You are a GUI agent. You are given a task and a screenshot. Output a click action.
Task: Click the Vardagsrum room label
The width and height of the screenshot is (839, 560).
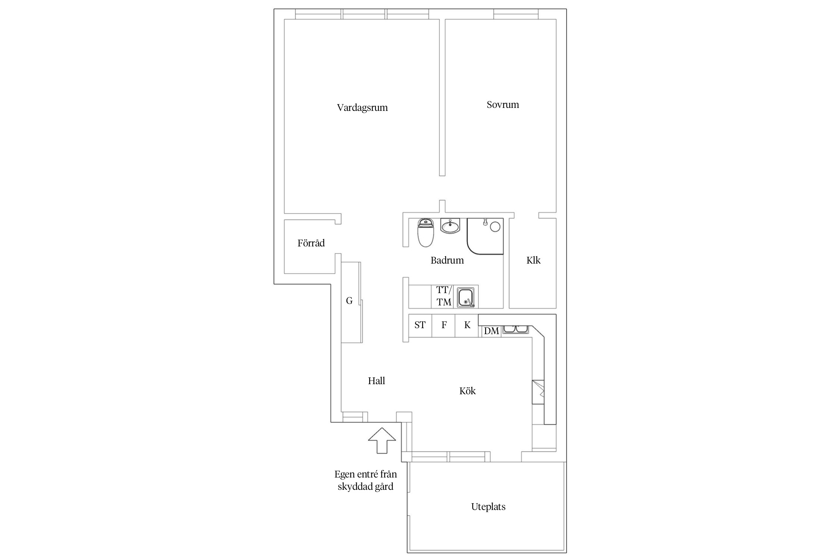[x=362, y=108]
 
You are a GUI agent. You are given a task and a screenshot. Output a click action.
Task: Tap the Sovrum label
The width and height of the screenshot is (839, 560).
[x=503, y=105]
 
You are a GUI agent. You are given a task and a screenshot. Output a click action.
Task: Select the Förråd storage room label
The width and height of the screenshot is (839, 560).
[x=311, y=243]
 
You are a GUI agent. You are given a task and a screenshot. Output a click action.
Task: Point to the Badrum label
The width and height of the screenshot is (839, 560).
[x=447, y=260]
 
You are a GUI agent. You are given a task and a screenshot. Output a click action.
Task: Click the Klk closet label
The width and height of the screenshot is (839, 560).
[x=533, y=260]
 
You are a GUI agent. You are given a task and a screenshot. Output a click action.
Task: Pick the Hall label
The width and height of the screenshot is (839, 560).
[x=376, y=381]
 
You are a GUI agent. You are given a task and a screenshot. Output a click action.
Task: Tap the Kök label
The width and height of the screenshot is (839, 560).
[x=467, y=391]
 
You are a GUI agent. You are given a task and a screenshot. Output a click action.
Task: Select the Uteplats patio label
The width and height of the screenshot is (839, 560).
[x=488, y=507]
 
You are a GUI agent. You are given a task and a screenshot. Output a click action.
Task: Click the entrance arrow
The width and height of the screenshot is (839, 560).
[x=382, y=441]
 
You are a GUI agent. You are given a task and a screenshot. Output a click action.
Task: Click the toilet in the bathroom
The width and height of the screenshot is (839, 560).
[x=425, y=233]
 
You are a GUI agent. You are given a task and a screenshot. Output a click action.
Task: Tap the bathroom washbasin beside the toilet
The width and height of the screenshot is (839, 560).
[x=450, y=226]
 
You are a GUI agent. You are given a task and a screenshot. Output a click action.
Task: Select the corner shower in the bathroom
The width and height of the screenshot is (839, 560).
[x=485, y=236]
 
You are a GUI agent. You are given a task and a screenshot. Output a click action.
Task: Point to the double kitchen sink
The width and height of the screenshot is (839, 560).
[x=515, y=329]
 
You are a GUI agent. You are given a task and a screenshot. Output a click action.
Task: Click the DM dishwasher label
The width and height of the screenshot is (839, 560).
[x=491, y=331]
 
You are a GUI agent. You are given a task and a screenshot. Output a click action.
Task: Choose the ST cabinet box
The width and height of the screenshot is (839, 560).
[x=420, y=326]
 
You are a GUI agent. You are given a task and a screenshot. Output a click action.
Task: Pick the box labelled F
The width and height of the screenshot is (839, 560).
[x=443, y=326]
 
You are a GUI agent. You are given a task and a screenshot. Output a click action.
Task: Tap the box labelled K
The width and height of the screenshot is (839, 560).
[x=466, y=326]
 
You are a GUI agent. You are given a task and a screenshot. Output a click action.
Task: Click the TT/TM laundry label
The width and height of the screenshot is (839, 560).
[x=444, y=296]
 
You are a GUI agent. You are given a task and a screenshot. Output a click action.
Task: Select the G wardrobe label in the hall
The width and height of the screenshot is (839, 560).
[x=349, y=301]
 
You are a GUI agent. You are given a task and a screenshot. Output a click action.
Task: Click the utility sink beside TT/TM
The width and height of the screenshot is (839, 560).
[x=466, y=297]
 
